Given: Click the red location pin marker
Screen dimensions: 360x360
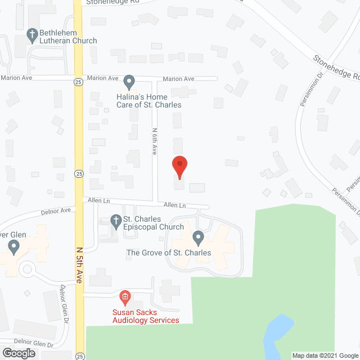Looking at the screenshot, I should point(179,165).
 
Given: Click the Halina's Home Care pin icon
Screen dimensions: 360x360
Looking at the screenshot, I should point(129,82).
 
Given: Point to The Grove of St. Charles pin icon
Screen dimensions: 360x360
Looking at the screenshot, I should point(197,237).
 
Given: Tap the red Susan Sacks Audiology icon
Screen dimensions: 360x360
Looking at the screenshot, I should point(125,296).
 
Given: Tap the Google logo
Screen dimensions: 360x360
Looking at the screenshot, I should point(18,353).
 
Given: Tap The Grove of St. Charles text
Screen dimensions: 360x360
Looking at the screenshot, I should point(169,253).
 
